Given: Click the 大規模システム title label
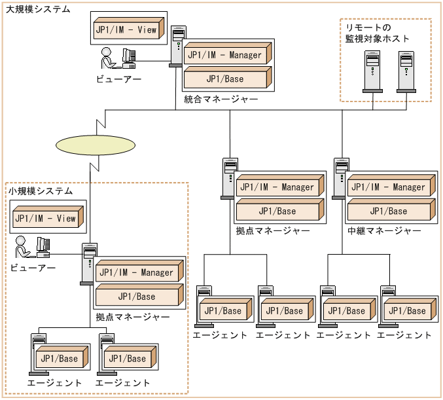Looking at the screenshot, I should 38,9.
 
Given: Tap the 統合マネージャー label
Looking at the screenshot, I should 221,99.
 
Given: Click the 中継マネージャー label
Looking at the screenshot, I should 384,230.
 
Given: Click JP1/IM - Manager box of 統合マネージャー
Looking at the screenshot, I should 226,56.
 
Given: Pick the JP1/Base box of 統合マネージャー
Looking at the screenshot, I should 226,79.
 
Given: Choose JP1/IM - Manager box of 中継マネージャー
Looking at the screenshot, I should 389,187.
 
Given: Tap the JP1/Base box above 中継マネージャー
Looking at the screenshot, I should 389,211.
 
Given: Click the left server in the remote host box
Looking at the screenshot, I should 372,71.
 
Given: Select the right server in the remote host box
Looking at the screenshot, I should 406,71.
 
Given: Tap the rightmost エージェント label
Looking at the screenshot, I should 404,335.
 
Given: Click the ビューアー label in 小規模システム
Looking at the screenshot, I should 33,267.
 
